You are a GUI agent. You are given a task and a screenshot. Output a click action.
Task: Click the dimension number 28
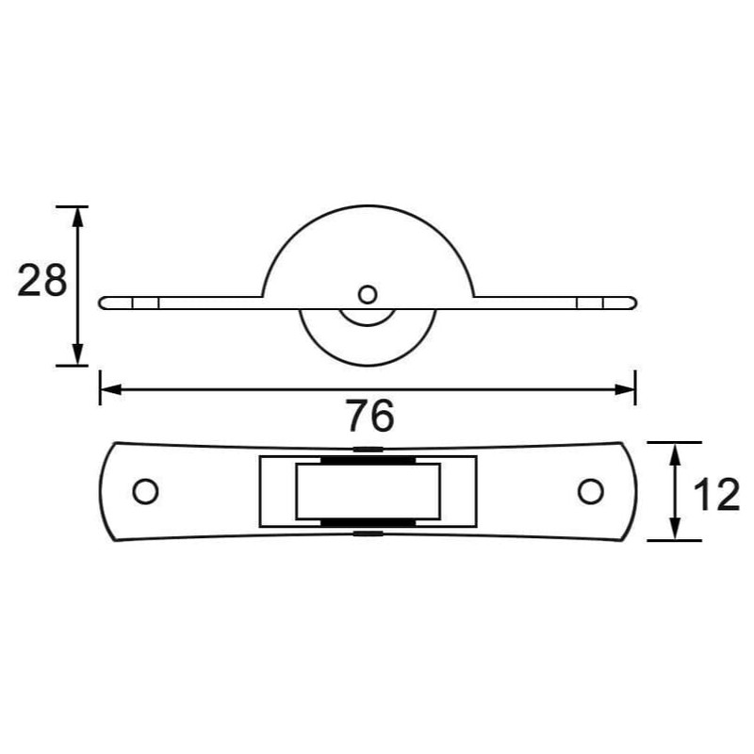42,281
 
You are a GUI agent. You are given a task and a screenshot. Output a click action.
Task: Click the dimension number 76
369,415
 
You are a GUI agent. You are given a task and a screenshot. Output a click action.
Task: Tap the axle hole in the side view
368,294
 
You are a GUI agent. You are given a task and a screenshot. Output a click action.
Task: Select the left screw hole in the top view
145,491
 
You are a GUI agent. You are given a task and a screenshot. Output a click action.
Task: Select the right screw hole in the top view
591,491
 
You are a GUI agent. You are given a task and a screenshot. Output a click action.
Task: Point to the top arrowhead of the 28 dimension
78,215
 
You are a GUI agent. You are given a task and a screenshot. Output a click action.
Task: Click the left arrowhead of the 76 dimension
109,387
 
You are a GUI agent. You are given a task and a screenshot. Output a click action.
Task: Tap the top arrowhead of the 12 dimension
675,451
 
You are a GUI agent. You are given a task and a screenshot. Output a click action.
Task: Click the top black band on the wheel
369,461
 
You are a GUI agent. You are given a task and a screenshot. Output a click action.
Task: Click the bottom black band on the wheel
369,522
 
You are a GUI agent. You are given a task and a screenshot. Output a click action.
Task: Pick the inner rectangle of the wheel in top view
369,491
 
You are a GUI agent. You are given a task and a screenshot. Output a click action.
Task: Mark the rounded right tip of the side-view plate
632,302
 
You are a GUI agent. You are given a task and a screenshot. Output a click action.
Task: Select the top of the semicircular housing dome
369,206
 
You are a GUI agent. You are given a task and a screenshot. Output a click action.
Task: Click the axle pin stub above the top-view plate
369,448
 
